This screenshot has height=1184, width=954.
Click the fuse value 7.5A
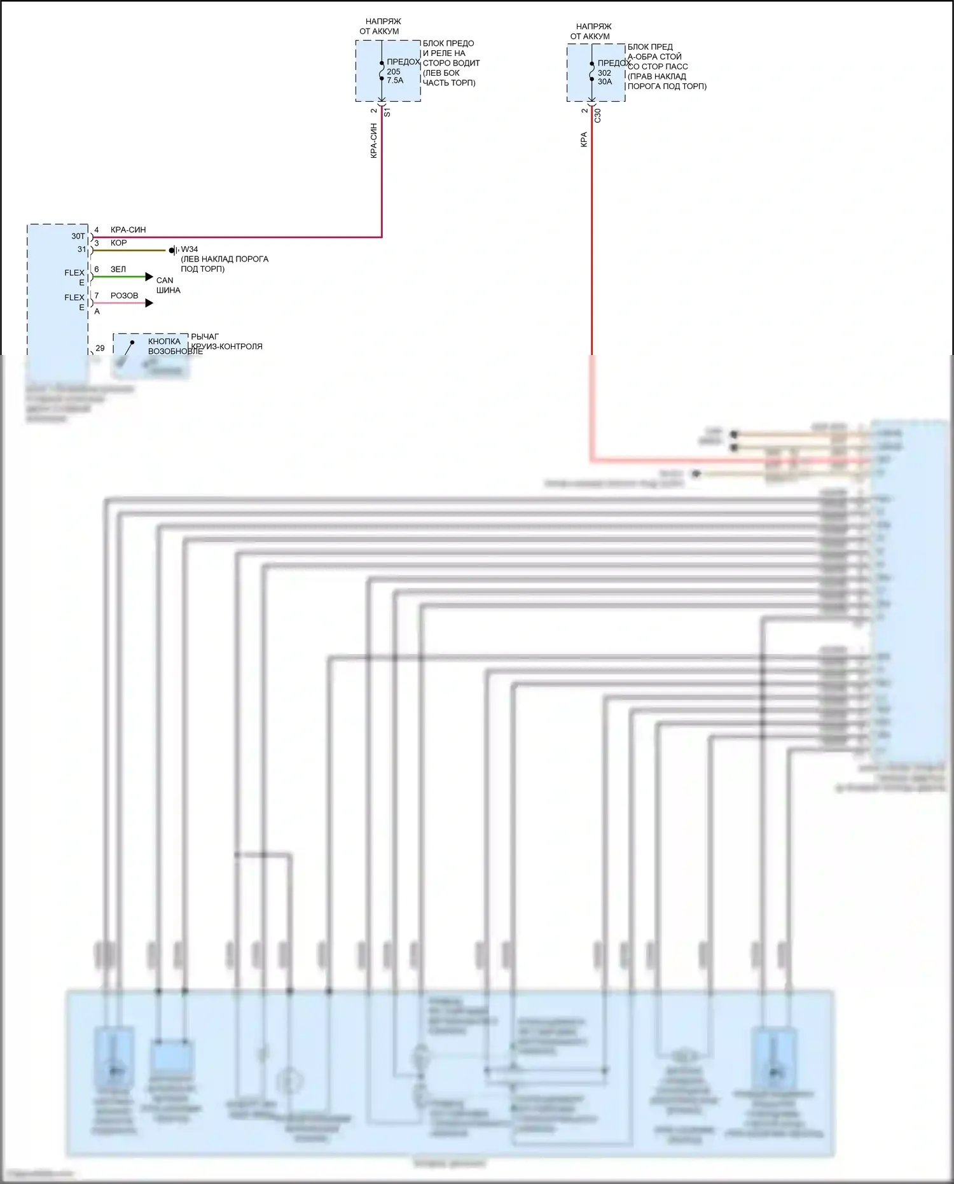[395, 81]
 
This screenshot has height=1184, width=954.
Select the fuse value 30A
[605, 82]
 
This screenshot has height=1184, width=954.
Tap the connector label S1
[387, 113]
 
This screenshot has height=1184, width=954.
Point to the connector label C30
[597, 116]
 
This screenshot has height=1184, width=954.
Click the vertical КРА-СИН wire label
[374, 141]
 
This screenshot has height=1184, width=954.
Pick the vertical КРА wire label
[584, 140]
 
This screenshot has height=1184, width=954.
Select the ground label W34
[190, 249]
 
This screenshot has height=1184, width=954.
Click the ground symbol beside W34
[173, 251]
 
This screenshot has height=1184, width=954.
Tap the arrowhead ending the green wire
[149, 277]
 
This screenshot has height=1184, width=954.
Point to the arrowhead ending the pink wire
[149, 303]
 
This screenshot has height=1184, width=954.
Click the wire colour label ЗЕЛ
[118, 269]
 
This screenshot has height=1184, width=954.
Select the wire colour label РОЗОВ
[124, 295]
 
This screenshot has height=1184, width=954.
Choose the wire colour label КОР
[118, 243]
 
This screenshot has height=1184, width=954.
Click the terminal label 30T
[78, 236]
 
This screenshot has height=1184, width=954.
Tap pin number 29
[100, 349]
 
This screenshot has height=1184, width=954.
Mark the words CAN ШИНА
[168, 285]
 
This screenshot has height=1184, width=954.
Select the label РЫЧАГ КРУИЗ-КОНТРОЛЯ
[226, 342]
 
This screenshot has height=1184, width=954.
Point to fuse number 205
[394, 72]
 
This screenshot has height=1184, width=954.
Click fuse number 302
[604, 73]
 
